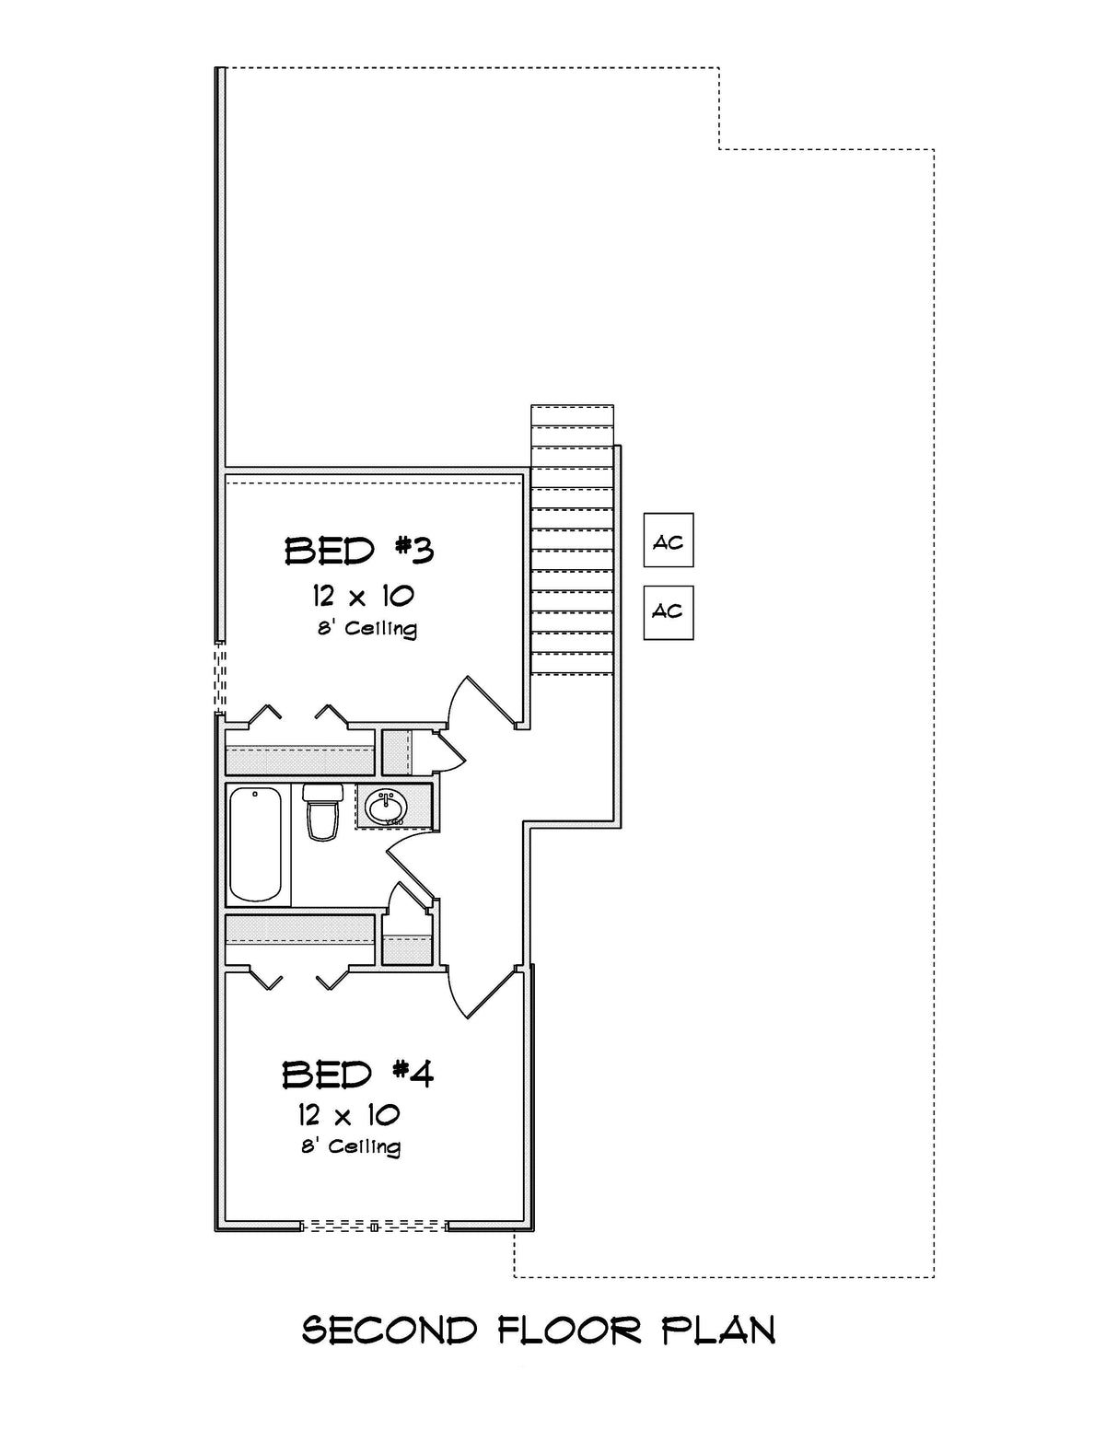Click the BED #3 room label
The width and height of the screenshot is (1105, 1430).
pos(359,551)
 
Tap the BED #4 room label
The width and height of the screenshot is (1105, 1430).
pos(357,1073)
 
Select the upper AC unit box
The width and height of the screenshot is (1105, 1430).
pos(669,541)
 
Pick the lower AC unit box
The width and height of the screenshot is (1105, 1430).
pos(669,612)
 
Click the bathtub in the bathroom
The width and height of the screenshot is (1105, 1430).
pos(255,844)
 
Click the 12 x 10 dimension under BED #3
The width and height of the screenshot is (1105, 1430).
pos(363,596)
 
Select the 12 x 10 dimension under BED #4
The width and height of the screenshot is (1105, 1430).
pos(348,1115)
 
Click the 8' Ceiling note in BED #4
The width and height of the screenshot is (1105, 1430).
pos(351,1146)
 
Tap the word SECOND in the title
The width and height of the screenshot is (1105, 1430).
pos(390,1331)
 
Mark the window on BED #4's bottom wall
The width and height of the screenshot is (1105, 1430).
pos(374,1226)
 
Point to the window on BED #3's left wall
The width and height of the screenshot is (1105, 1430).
pos(220,677)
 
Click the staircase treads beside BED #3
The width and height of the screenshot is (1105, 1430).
pos(572,552)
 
